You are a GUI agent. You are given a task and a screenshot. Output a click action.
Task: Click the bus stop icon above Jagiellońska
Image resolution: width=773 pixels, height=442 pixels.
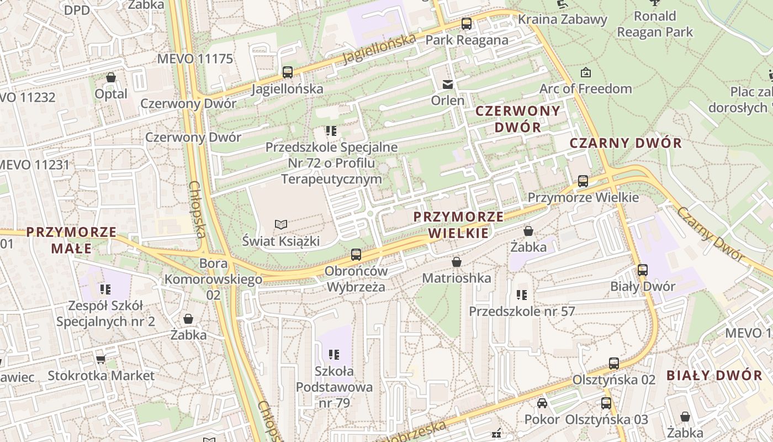[x=287, y=72]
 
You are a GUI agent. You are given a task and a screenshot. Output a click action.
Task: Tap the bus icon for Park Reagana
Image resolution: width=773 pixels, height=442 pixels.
[x=467, y=24]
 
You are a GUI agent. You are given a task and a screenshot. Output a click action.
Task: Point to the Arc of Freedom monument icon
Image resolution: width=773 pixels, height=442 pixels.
[x=585, y=72]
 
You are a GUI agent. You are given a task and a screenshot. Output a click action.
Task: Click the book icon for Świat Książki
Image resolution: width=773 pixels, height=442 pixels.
[x=281, y=224]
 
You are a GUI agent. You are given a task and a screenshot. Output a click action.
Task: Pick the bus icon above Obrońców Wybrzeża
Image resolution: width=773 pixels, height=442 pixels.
[x=356, y=255]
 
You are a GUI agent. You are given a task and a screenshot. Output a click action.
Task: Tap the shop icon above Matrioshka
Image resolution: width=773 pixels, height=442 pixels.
[x=457, y=262]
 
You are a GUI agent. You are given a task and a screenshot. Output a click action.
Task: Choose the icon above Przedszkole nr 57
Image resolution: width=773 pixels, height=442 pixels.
[x=522, y=295]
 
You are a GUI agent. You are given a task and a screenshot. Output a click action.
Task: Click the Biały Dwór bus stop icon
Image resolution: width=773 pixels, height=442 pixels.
[x=643, y=270]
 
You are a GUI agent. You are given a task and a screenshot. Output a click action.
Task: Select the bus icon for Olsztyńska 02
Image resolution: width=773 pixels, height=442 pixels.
[x=614, y=364]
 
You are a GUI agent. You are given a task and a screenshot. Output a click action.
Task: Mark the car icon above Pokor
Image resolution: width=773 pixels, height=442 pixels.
[x=542, y=403]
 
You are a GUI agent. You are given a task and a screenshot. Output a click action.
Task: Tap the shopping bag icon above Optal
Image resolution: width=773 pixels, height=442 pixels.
[x=111, y=77]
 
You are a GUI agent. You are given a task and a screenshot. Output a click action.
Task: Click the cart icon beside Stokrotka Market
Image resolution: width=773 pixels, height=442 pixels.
[x=100, y=360]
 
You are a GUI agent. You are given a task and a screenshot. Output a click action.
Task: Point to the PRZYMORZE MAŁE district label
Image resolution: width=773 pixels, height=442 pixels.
[x=72, y=240]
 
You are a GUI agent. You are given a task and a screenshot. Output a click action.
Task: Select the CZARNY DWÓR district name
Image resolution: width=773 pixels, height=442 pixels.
[x=626, y=143]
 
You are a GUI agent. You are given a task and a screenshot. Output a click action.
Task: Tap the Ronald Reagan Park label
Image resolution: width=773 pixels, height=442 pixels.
[x=655, y=24]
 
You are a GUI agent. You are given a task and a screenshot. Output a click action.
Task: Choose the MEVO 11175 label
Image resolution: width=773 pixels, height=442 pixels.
[x=195, y=59]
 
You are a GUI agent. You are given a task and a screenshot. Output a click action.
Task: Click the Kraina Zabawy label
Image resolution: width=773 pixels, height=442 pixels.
[x=562, y=19]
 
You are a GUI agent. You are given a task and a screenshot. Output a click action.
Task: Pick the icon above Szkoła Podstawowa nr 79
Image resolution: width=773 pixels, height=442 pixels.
[x=333, y=354]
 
